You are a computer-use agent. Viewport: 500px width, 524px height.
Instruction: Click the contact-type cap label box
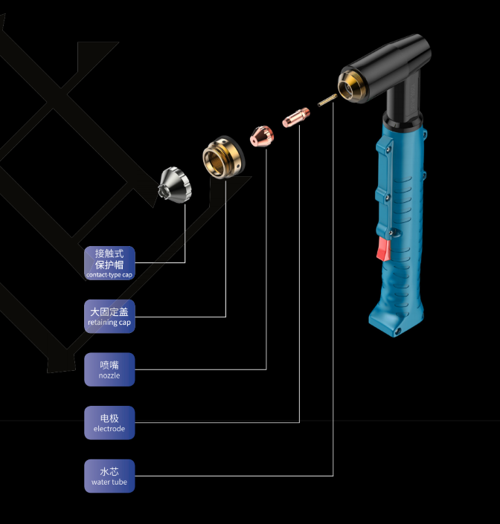tap(109, 263)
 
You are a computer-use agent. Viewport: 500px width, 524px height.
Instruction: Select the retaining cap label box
tap(109, 317)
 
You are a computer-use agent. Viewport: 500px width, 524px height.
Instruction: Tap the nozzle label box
tap(109, 369)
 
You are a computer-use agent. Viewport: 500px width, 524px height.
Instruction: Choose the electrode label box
tap(109, 422)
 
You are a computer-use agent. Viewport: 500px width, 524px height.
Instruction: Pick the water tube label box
tap(109, 476)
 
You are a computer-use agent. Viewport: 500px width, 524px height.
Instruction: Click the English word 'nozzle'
tap(109, 376)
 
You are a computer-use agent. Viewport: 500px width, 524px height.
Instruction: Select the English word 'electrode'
tap(109, 429)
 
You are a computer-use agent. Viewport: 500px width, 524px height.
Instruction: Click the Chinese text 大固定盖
tap(109, 311)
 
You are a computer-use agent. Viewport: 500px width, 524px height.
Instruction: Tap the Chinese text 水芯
tap(109, 470)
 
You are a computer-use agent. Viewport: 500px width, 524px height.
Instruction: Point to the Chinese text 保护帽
tap(109, 265)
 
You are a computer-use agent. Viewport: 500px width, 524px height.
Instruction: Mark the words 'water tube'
tap(109, 482)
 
